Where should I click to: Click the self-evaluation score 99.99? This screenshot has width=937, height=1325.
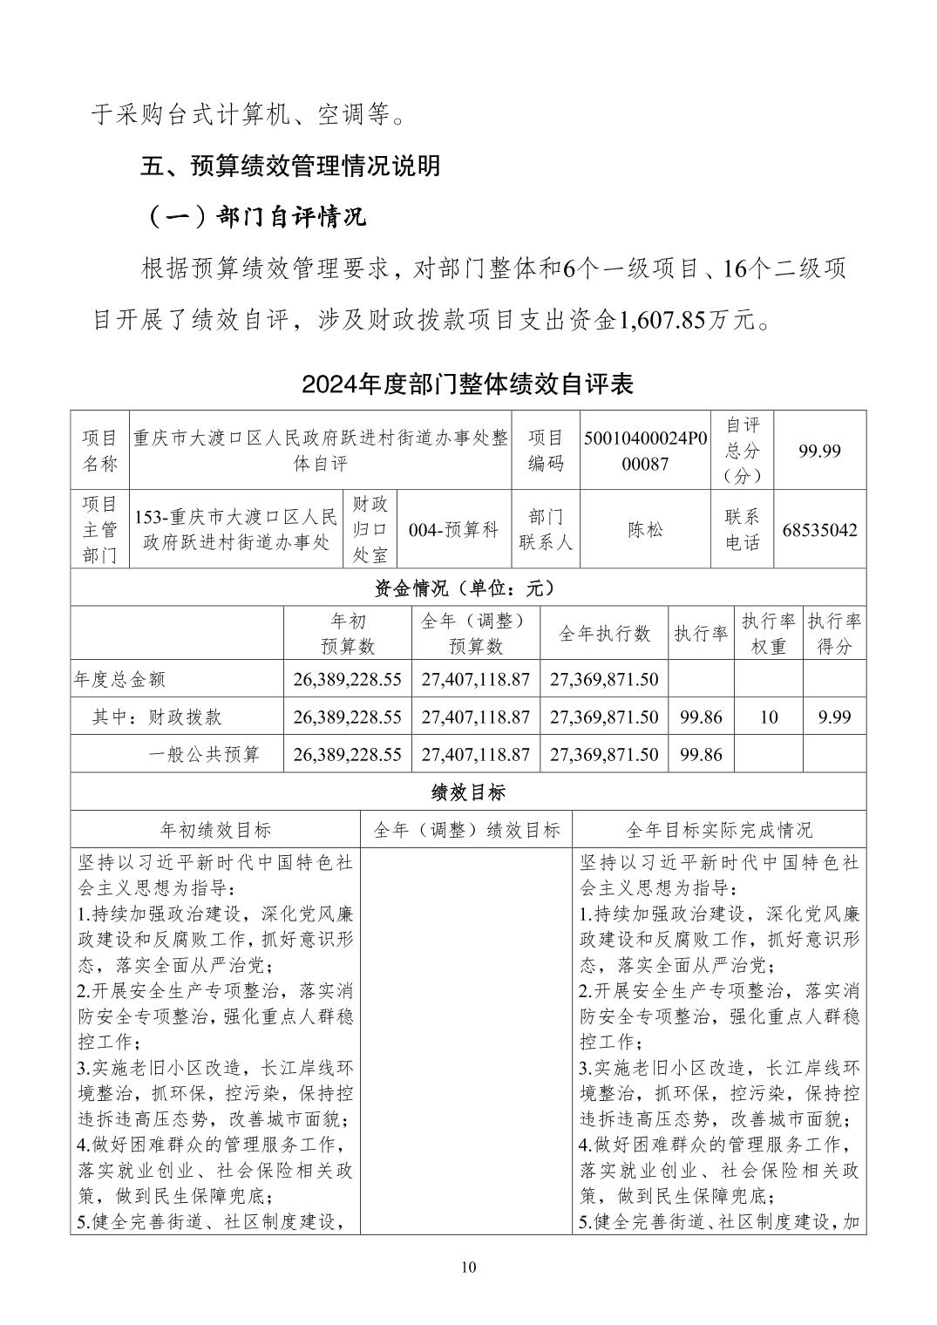click(819, 451)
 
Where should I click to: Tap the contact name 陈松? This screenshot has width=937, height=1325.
click(645, 530)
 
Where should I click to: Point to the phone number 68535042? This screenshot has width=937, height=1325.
click(819, 530)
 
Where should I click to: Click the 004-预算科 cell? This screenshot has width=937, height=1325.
click(453, 530)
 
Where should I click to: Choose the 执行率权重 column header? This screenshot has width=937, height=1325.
click(768, 634)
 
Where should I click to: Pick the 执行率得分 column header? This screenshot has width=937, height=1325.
click(834, 634)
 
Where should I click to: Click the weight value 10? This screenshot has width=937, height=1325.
click(768, 717)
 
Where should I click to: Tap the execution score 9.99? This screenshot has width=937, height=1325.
click(834, 717)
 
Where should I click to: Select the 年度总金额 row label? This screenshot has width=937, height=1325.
click(120, 679)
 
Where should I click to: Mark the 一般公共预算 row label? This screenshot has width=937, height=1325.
click(204, 754)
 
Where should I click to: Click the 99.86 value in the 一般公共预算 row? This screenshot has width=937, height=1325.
click(701, 754)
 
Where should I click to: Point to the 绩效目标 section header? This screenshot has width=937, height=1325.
click(468, 792)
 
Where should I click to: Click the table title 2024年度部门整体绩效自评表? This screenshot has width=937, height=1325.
click(467, 384)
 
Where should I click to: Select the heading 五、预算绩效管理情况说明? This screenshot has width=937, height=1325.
click(291, 166)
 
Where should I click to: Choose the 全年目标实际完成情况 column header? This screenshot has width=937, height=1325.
click(719, 830)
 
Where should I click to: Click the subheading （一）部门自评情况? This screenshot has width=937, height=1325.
click(255, 217)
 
